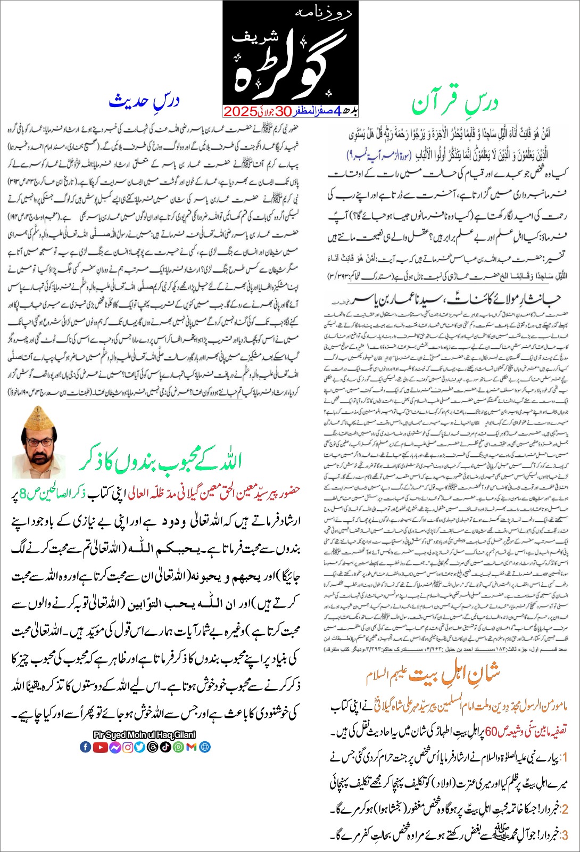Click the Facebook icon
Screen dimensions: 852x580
(x=85, y=747)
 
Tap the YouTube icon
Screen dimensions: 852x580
(x=100, y=747)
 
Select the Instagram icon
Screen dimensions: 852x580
(x=128, y=747)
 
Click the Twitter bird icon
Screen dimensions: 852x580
(x=140, y=747)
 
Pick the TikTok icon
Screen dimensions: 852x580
(x=165, y=747)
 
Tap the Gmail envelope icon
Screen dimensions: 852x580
(x=192, y=747)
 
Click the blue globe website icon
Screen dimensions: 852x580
(x=205, y=747)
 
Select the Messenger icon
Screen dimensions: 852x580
(x=114, y=747)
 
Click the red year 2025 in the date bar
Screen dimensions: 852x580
(x=241, y=111)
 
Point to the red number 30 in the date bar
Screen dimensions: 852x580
(x=283, y=111)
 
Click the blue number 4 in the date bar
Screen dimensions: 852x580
(x=336, y=111)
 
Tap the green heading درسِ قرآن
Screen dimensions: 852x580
(x=455, y=103)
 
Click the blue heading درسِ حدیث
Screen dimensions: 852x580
(x=144, y=101)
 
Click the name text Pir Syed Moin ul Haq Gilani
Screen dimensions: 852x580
(x=144, y=735)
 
